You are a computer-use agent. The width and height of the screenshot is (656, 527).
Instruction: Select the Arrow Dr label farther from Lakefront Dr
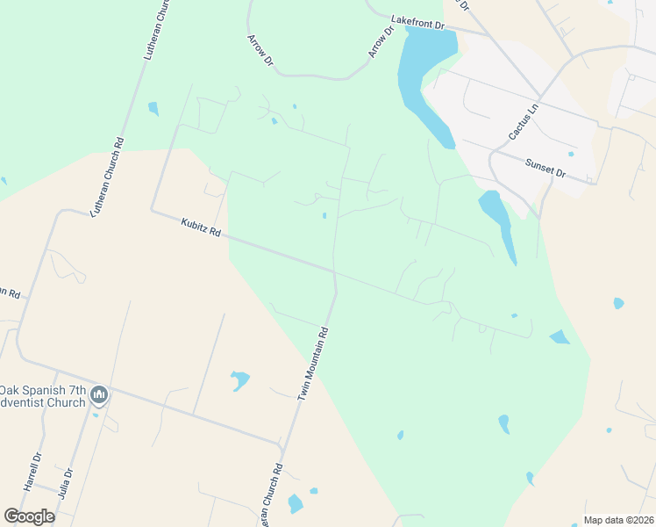pos(261,51)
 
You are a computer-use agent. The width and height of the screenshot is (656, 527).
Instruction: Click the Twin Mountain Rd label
pos(314,364)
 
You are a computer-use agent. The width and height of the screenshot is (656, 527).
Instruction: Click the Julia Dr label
pos(64,483)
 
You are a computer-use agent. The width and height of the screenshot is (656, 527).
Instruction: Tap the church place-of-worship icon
pos(99,397)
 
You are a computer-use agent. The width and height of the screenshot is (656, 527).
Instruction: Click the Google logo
pos(29,516)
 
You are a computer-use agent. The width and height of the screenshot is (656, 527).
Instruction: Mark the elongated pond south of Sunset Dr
pos(497,223)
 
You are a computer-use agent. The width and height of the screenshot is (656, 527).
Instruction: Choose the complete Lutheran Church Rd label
pos(106,178)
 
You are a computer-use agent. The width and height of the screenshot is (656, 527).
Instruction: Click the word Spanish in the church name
pos(53,389)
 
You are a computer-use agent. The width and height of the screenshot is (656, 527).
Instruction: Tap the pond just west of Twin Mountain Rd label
pos(239,380)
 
